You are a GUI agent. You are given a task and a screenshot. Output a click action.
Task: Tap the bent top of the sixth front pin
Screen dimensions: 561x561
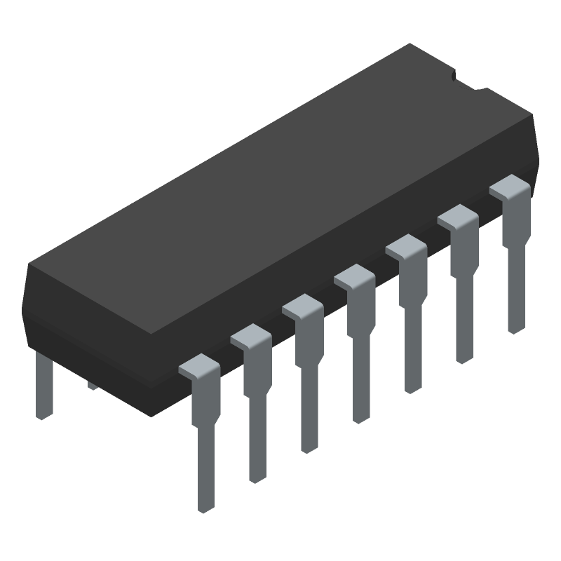tap(458, 218)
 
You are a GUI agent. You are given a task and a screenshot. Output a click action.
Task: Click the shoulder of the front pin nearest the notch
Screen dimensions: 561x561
tap(510, 189)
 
